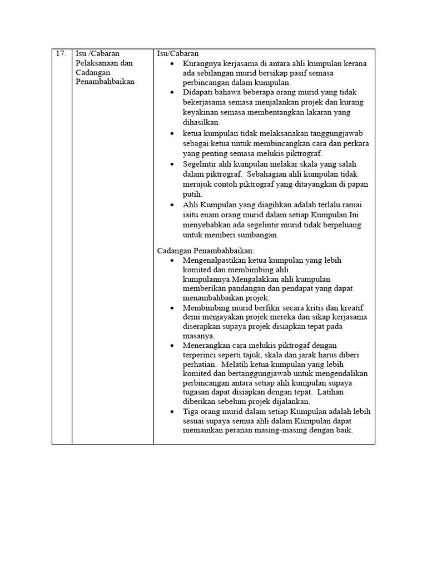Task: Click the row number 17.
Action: click(x=61, y=54)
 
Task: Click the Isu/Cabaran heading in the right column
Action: click(x=178, y=54)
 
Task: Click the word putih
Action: click(x=192, y=194)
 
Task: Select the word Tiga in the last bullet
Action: click(x=191, y=412)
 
